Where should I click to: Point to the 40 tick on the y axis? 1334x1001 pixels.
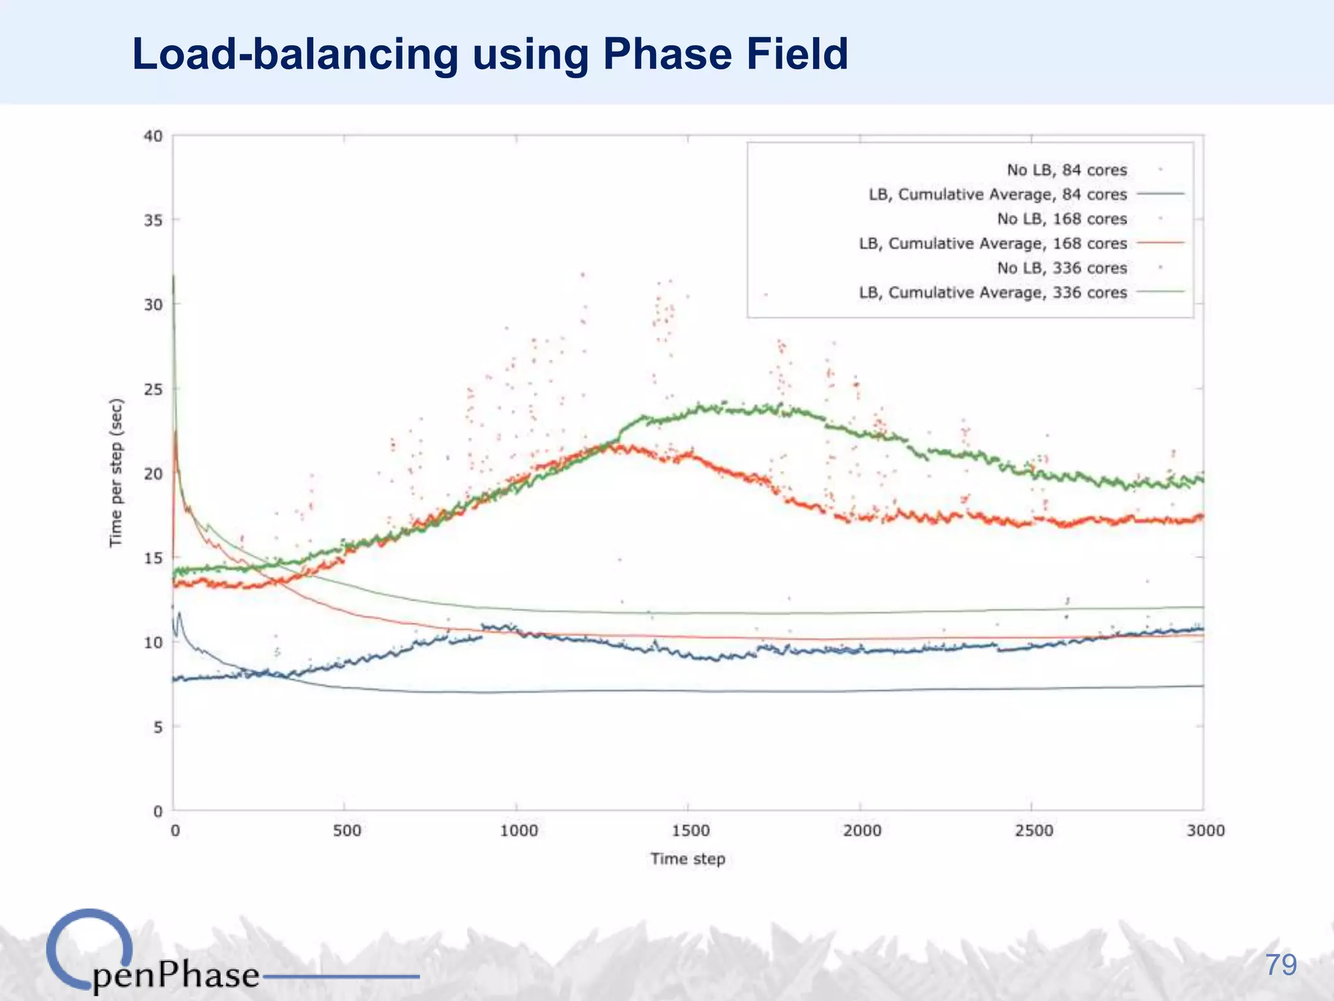click(153, 136)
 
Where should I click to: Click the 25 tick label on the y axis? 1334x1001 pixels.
click(153, 390)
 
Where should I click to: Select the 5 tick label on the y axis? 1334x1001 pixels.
click(158, 727)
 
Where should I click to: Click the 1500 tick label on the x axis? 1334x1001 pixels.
click(689, 831)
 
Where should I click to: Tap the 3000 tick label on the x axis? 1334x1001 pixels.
click(1205, 831)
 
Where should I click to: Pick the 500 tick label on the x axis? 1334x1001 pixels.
click(347, 831)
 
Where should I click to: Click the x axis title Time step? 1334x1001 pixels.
click(687, 859)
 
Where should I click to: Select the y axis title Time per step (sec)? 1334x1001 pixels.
click(115, 473)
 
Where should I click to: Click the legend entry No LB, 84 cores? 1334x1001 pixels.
click(1066, 170)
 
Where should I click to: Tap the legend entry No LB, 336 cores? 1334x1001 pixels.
click(1062, 268)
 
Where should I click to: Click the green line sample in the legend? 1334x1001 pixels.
click(1160, 292)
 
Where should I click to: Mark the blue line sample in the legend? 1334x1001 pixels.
click(1160, 194)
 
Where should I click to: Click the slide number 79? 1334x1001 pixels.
click(1281, 965)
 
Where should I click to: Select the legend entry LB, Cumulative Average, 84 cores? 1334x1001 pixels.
click(997, 195)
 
